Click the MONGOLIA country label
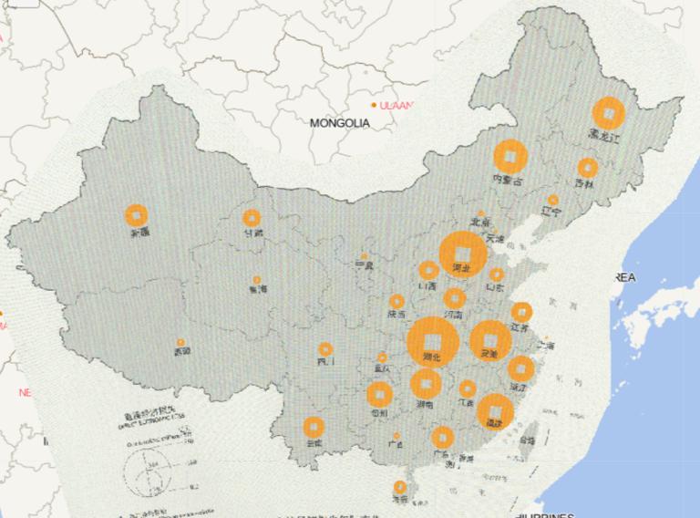tap(339, 122)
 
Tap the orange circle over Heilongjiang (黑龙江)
tap(607, 113)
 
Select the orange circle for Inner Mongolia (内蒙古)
tap(511, 157)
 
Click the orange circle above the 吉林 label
tap(588, 168)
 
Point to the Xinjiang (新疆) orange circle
tap(137, 215)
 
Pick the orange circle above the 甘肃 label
tap(251, 218)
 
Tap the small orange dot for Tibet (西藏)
tap(180, 343)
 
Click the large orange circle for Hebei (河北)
tap(461, 253)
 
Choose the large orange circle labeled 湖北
tap(432, 341)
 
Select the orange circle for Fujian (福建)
tap(495, 411)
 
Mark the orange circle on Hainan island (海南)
tap(399, 486)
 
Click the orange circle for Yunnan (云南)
tap(314, 426)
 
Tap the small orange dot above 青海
tap(257, 280)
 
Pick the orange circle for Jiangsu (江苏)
tap(521, 313)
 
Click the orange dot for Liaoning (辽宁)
tap(552, 200)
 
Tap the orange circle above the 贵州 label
tap(379, 394)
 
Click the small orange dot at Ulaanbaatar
tap(374, 105)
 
